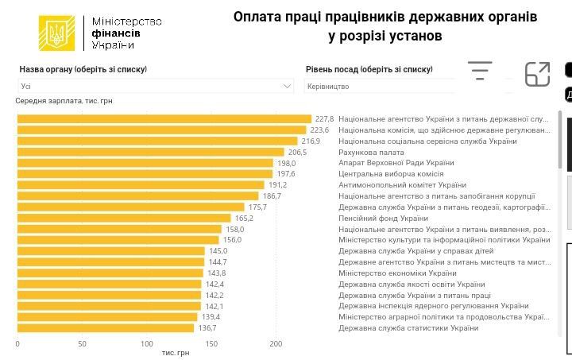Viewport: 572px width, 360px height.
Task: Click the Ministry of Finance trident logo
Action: (x=56, y=33)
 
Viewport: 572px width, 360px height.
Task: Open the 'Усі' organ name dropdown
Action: (x=156, y=86)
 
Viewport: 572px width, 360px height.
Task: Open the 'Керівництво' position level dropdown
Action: (x=381, y=86)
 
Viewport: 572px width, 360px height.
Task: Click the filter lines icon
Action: (x=480, y=71)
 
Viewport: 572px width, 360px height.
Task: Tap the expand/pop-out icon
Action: (x=538, y=74)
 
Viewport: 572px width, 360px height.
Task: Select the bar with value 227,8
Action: (x=164, y=119)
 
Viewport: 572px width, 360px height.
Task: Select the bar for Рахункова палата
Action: (x=150, y=152)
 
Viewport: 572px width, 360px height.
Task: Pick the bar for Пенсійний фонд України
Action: (x=124, y=218)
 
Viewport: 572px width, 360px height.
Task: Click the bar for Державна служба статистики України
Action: (x=106, y=327)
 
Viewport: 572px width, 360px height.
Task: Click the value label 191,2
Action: (x=277, y=185)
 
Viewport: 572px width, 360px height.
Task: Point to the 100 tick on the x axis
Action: (x=147, y=343)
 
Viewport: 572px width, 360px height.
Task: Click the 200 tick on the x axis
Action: (x=276, y=343)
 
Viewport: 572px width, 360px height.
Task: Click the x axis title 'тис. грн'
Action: (x=175, y=352)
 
